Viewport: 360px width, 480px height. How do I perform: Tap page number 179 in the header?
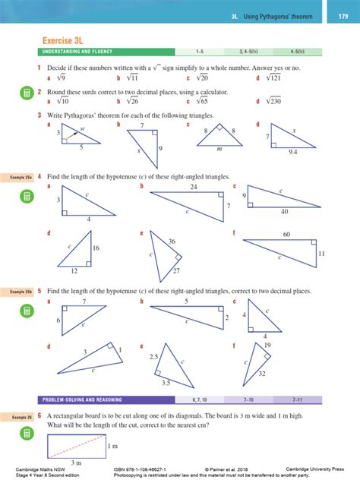338,16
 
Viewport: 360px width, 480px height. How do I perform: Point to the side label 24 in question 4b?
194,186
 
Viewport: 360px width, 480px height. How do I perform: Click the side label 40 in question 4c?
285,212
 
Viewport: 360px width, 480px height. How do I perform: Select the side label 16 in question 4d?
96,248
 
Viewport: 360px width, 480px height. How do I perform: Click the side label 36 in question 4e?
172,241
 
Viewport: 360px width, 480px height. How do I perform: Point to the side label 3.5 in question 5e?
166,384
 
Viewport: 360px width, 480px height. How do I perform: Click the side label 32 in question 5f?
261,374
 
